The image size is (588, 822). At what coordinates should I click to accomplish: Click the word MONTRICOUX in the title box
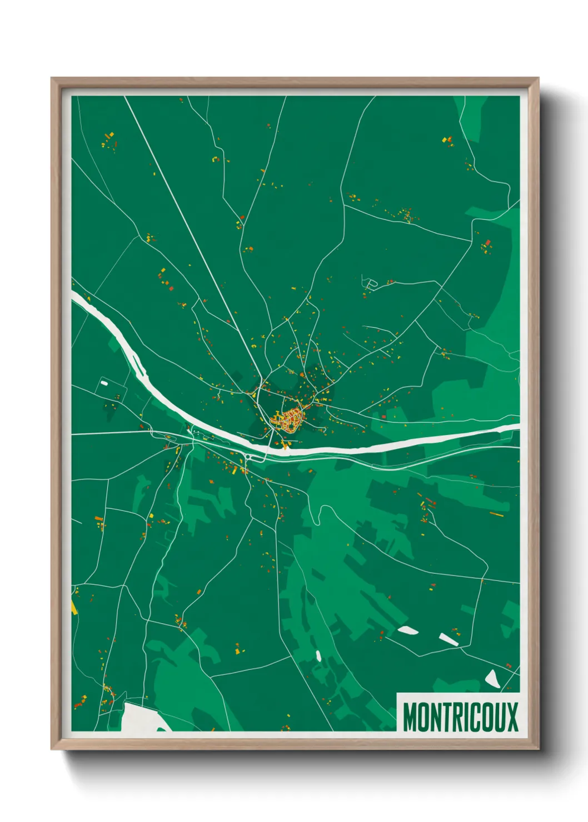(460, 716)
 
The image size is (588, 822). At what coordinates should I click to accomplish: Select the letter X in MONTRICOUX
(511, 716)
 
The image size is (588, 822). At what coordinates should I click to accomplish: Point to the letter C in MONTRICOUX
(471, 716)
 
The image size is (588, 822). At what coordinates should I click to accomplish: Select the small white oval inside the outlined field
(104, 383)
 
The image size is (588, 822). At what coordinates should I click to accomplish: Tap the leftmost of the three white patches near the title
(408, 630)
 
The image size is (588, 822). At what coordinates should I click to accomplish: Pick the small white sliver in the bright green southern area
(318, 655)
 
